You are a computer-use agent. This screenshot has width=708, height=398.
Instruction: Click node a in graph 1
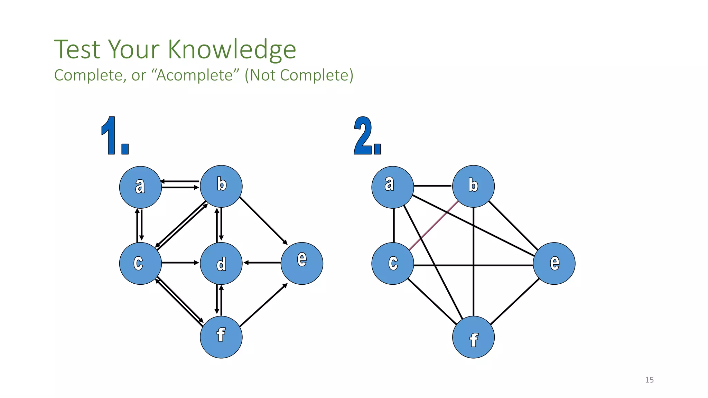pyautogui.click(x=140, y=187)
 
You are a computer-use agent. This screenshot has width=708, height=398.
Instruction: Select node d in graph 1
pyautogui.click(x=221, y=263)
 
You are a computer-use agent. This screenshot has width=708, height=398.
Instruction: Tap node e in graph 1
pyautogui.click(x=302, y=263)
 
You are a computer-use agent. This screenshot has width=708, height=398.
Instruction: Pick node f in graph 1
pyautogui.click(x=221, y=337)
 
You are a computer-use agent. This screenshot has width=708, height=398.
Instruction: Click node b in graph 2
pyautogui.click(x=473, y=186)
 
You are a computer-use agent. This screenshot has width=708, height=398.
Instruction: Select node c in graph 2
pyautogui.click(x=393, y=263)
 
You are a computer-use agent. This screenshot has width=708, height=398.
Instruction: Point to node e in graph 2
pyautogui.click(x=554, y=263)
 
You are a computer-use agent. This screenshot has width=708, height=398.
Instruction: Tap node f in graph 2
pyautogui.click(x=473, y=337)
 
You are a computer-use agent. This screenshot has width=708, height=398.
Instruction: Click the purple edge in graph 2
pyautogui.click(x=434, y=225)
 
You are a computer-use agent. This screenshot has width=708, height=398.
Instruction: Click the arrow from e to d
pyautogui.click(x=262, y=263)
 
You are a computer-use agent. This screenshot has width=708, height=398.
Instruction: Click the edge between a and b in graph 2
pyautogui.click(x=432, y=186)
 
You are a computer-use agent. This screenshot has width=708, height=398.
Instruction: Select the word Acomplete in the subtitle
pyautogui.click(x=194, y=75)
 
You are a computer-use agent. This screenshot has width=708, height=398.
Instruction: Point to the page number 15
pyautogui.click(x=649, y=380)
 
